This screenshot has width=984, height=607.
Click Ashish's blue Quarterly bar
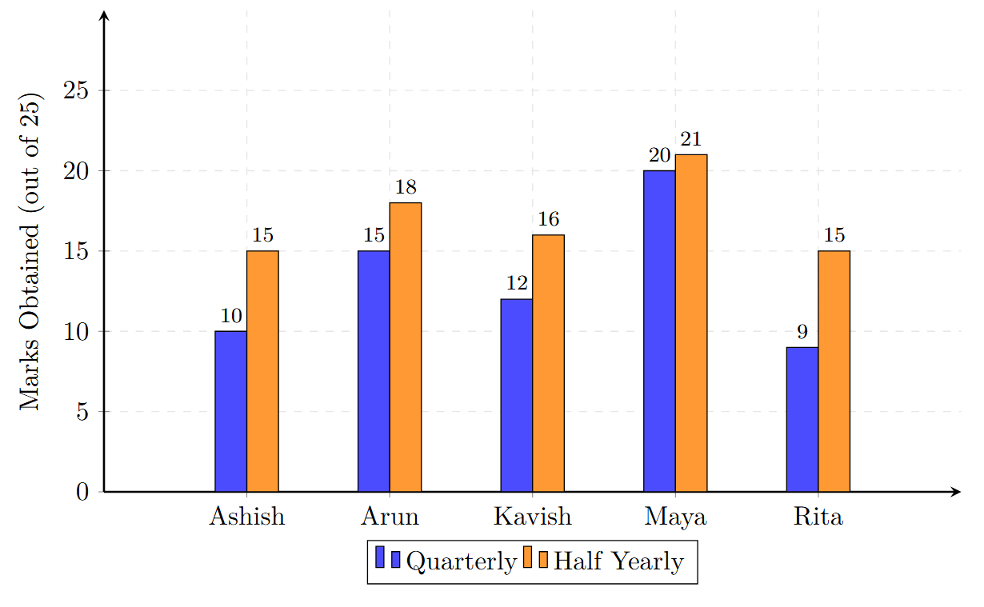[230, 411]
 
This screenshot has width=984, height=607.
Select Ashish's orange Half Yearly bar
[262, 371]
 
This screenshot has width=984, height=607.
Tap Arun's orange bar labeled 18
[406, 347]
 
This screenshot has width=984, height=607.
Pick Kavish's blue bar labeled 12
[517, 395]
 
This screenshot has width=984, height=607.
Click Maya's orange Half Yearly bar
[691, 323]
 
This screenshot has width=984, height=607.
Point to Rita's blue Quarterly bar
[802, 419]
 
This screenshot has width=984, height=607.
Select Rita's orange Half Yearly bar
[834, 371]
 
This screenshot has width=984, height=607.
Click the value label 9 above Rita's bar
[802, 332]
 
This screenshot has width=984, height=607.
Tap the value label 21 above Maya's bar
[690, 140]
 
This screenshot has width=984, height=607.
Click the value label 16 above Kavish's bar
[548, 220]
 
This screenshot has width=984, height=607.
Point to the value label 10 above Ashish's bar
[230, 316]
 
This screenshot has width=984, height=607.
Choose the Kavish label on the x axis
[533, 517]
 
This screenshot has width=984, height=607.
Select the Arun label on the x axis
[390, 517]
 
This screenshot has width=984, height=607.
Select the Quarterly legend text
[462, 561]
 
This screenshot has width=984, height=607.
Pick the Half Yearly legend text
[618, 561]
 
